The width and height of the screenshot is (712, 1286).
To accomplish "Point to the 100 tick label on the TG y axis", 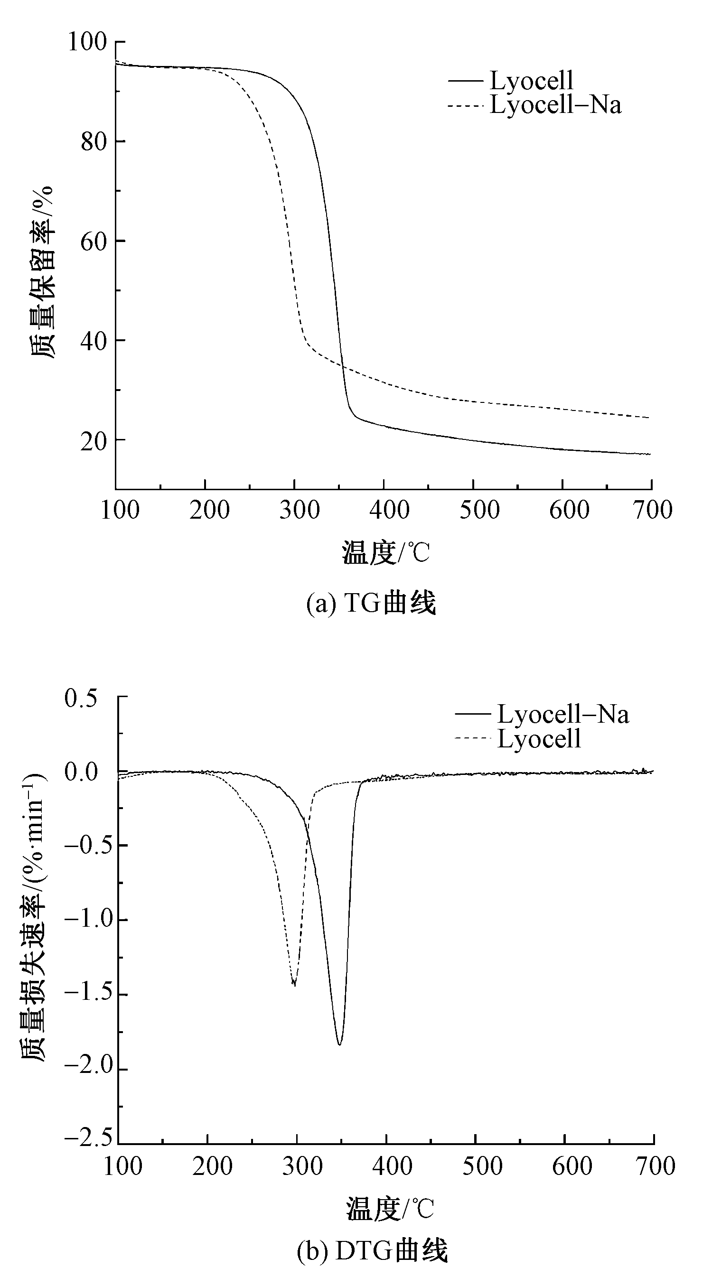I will coord(87,41).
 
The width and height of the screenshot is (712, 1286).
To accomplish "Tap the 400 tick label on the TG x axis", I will coord(389,510).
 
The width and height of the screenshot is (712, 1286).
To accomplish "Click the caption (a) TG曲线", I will coord(371,603).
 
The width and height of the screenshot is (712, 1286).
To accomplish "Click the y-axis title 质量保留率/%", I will coord(42,272).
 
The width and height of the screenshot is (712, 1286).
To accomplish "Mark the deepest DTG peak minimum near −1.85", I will coord(339,1044).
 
